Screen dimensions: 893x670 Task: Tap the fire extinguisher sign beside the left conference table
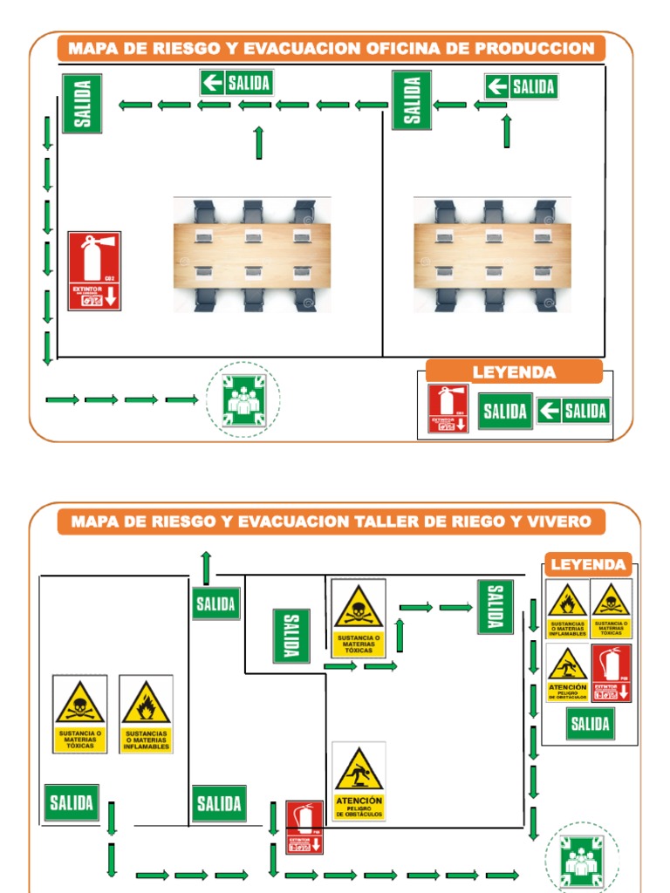94,271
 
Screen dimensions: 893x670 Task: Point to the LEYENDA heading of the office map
514,372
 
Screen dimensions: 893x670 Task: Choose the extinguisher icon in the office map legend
448,408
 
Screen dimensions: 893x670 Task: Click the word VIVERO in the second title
561,521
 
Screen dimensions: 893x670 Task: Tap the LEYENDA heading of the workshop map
588,564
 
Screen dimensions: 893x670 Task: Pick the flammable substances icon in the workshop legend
567,610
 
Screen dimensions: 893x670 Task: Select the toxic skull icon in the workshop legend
611,610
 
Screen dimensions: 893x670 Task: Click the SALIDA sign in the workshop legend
590,724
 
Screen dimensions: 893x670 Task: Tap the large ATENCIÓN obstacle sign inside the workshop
359,781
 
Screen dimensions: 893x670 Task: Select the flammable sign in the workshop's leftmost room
146,713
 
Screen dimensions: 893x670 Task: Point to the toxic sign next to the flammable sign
79,713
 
